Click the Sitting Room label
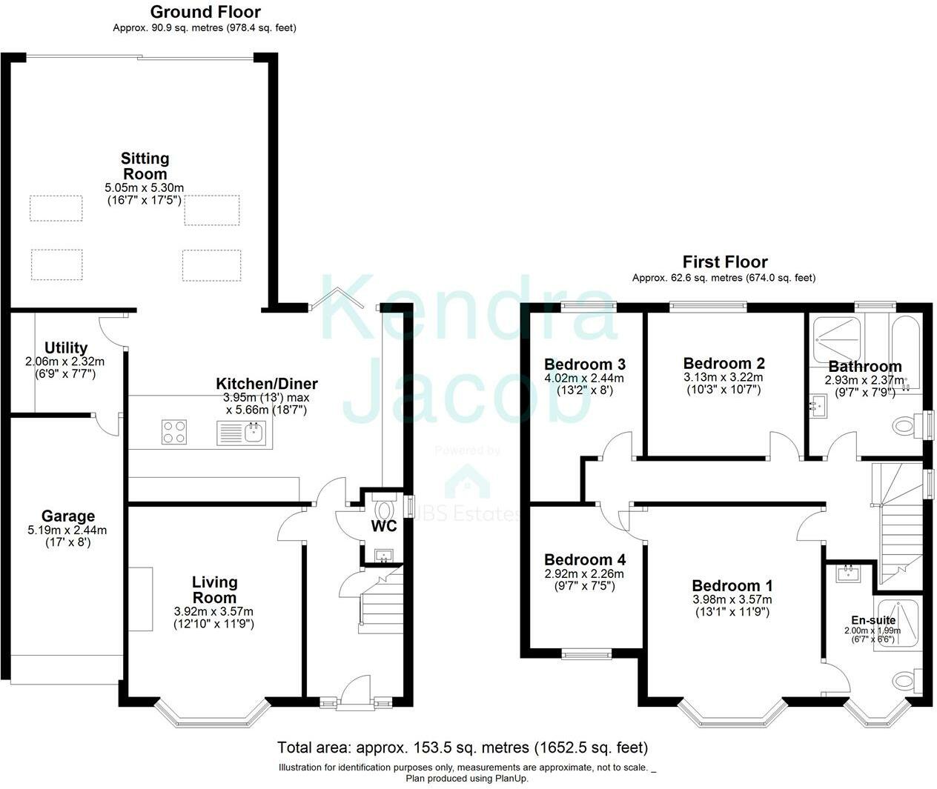tap(145, 167)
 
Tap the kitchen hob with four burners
tap(174, 432)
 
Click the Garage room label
tap(67, 516)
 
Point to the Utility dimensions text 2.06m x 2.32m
tap(65, 362)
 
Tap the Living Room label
tap(214, 590)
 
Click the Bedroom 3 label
tap(584, 364)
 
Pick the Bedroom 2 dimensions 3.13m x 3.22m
tap(724, 377)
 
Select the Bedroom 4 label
tap(584, 560)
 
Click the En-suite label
tap(873, 621)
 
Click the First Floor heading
tap(724, 262)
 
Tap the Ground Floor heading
tap(205, 12)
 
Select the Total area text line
tap(463, 747)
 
